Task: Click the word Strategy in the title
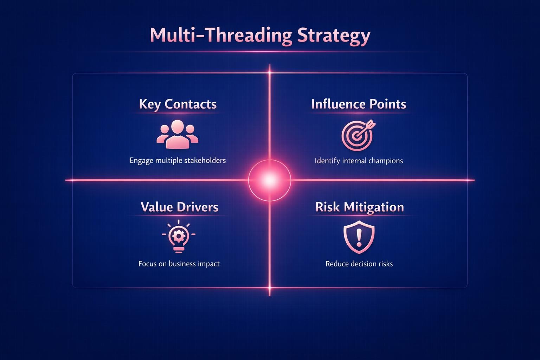(x=334, y=36)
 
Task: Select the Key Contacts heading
(x=178, y=104)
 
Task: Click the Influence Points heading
(x=359, y=104)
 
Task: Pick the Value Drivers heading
(x=179, y=207)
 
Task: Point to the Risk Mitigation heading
(x=359, y=207)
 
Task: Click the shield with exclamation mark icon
(x=359, y=237)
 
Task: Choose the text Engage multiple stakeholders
(x=178, y=161)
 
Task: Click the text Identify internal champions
(x=359, y=161)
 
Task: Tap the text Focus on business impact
(x=179, y=264)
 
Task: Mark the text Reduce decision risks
(x=359, y=264)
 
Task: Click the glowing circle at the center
(x=270, y=180)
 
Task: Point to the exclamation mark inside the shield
(x=359, y=237)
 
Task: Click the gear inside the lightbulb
(x=179, y=236)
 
